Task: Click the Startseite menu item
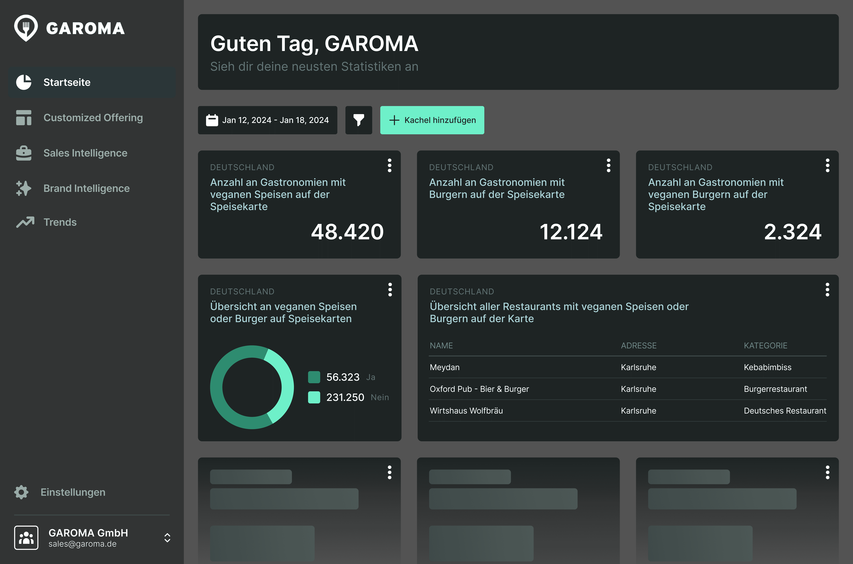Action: [67, 82]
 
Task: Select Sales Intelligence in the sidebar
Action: [85, 153]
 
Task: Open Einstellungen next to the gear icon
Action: [73, 492]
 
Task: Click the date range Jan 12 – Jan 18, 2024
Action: [268, 120]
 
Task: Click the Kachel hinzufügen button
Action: [432, 120]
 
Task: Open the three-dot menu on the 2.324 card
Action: [827, 165]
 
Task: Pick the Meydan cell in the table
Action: [445, 367]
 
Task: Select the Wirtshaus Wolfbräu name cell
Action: [466, 411]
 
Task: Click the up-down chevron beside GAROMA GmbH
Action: [167, 538]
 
